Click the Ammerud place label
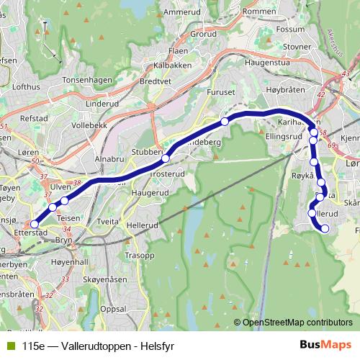click(x=182, y=12)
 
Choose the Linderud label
click(x=102, y=104)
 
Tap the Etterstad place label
click(x=31, y=233)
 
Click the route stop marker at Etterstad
click(x=35, y=224)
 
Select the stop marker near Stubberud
click(x=166, y=158)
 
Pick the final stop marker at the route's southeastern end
click(x=325, y=229)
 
